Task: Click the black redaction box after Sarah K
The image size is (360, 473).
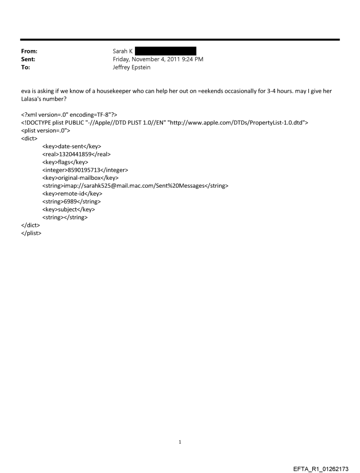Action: coord(165,52)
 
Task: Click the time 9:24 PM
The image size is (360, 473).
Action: coord(194,59)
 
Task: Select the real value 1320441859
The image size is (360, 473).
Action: coord(76,154)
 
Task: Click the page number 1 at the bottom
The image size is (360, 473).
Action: coord(180,442)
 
